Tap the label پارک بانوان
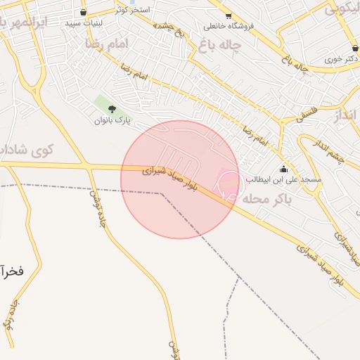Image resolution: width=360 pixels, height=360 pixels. (112, 120)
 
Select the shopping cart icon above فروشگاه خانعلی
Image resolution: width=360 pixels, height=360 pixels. (229, 15)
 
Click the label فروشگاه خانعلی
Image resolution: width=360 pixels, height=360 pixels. (229, 27)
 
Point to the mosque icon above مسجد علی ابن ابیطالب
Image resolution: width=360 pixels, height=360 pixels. (283, 168)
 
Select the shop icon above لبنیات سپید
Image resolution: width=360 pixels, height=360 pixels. (84, 12)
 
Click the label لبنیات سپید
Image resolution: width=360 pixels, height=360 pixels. (84, 23)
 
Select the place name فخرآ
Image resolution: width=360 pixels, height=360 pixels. (13, 269)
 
